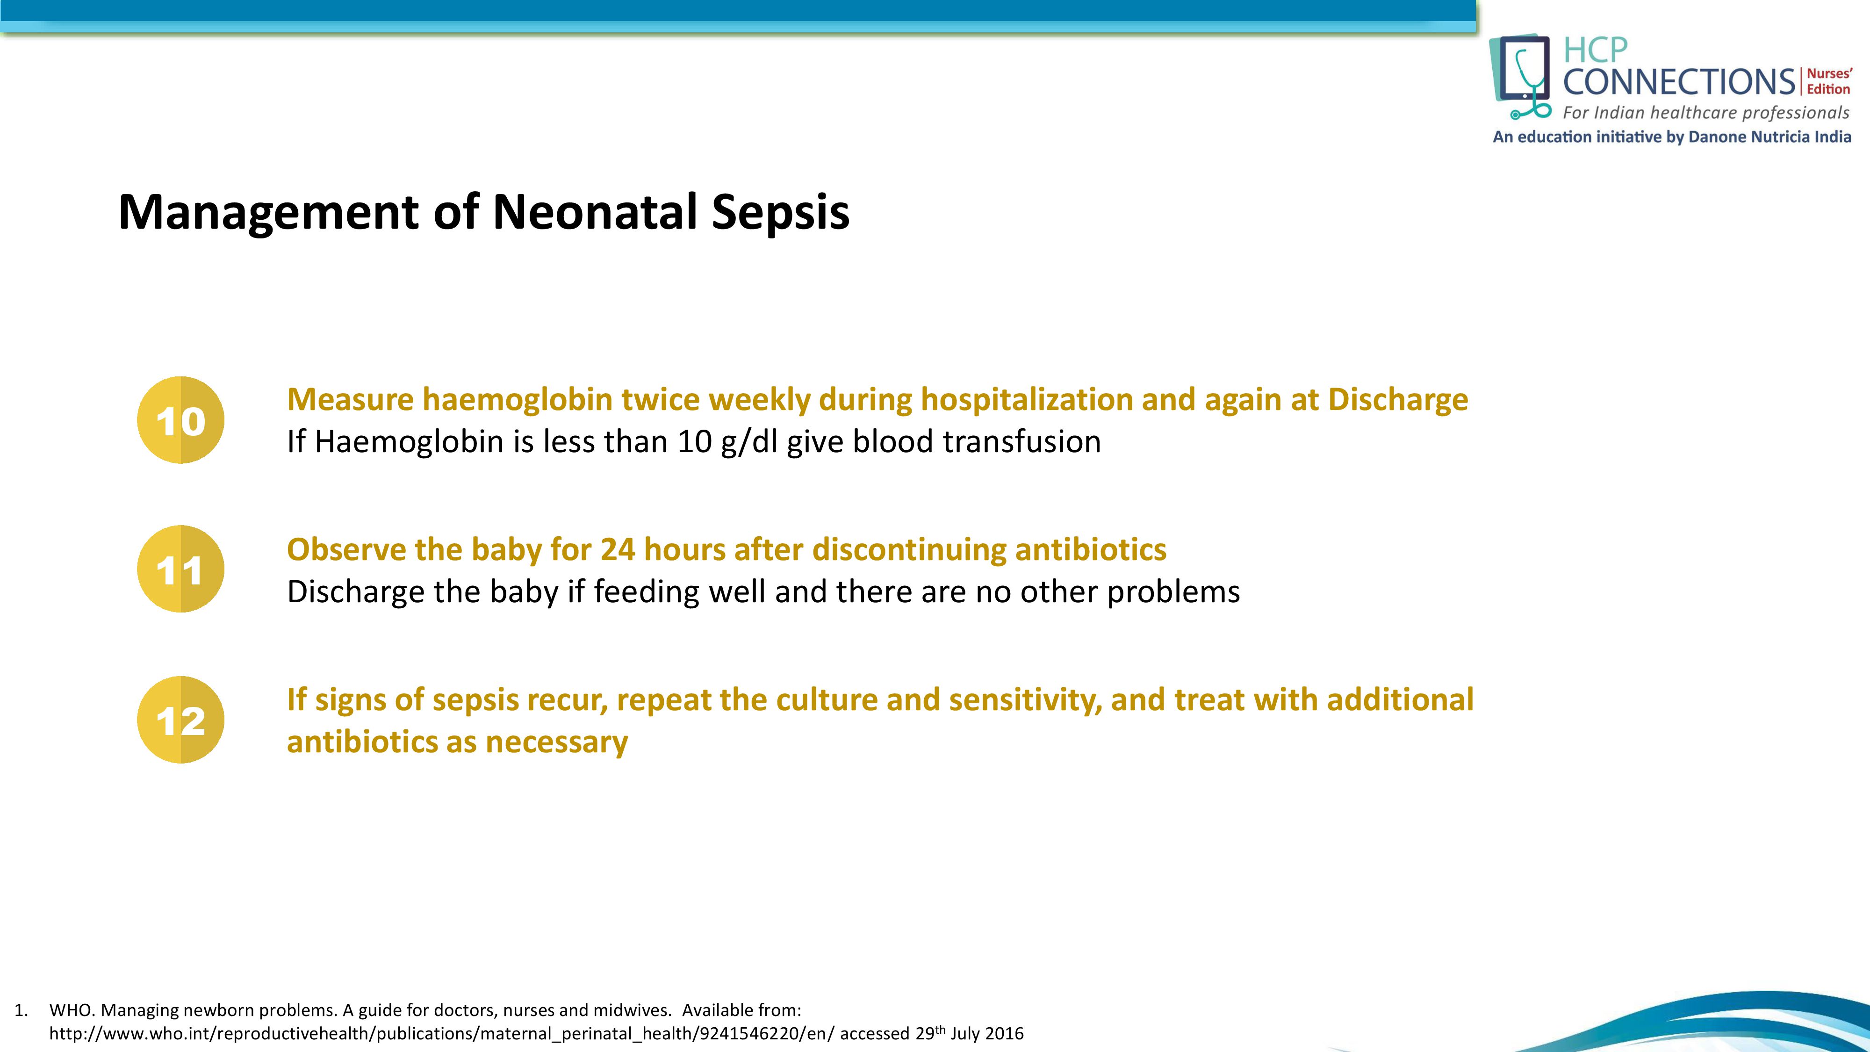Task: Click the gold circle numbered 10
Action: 181,420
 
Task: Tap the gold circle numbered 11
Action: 181,569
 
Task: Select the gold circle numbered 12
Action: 181,720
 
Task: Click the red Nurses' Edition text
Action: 1828,81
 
